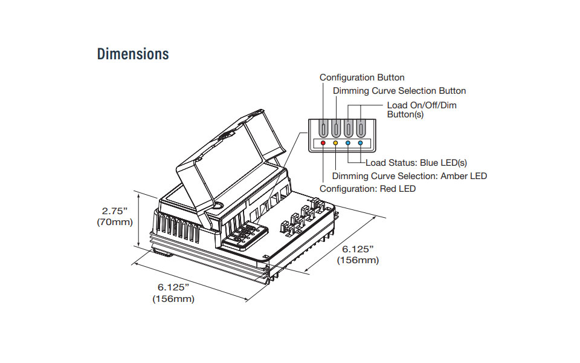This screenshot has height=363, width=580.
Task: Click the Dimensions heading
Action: (x=133, y=54)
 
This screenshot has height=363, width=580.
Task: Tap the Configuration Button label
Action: (x=362, y=77)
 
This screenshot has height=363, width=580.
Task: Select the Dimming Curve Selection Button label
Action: (x=399, y=91)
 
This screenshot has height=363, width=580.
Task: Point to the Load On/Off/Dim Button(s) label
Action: (x=421, y=110)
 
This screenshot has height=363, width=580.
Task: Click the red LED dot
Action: (x=323, y=143)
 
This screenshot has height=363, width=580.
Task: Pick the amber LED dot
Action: (x=336, y=143)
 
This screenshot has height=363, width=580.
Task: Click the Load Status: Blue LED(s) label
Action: (x=416, y=163)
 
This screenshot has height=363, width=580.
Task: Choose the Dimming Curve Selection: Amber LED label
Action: (x=410, y=176)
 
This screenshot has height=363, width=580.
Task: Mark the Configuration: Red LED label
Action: (x=367, y=189)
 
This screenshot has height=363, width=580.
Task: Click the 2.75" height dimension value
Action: (x=115, y=211)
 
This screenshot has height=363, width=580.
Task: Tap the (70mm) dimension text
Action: (x=114, y=222)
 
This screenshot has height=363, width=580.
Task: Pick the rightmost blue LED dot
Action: (x=361, y=143)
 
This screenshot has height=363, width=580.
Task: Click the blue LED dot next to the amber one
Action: (x=349, y=143)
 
